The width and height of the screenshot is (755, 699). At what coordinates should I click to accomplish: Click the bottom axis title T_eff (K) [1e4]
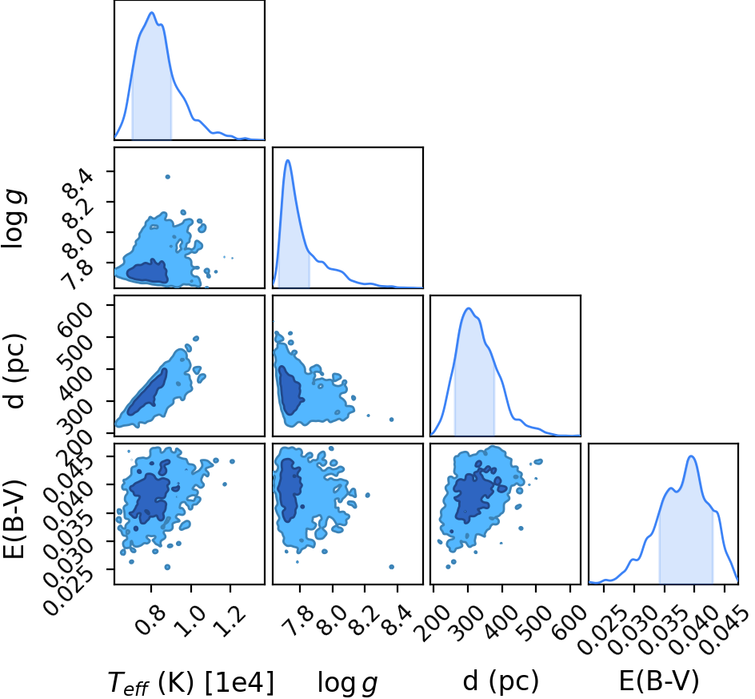(191, 683)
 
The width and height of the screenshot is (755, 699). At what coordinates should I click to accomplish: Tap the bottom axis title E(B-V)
(659, 681)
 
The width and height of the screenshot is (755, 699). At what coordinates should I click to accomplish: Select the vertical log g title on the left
(14, 219)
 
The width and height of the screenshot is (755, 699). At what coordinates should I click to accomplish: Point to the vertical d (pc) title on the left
(15, 370)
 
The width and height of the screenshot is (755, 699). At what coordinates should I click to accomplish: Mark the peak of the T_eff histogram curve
(152, 13)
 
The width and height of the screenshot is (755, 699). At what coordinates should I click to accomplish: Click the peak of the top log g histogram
(288, 160)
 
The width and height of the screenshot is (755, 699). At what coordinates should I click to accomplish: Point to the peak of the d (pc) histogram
(468, 308)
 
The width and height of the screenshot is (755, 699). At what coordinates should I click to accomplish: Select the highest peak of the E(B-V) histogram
(692, 456)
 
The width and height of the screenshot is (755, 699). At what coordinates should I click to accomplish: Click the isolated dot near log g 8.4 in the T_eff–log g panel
(168, 177)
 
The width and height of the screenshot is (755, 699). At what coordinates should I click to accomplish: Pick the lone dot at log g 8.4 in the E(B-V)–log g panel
(391, 567)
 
